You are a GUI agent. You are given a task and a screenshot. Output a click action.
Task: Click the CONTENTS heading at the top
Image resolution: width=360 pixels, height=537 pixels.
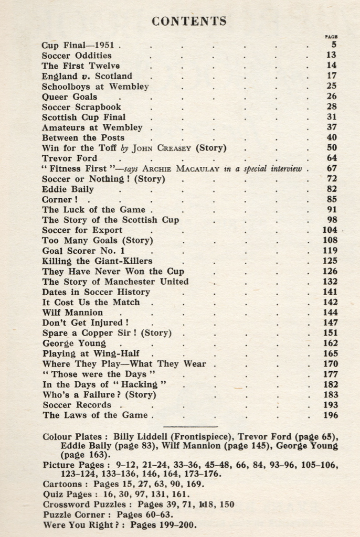click(x=189, y=21)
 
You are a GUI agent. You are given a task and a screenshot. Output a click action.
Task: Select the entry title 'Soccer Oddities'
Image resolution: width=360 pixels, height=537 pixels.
click(x=77, y=55)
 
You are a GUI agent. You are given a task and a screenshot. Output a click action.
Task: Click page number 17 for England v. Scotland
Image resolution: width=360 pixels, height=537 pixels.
click(x=332, y=76)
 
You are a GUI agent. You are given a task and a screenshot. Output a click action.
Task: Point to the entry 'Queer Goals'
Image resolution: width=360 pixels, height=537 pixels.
click(x=69, y=96)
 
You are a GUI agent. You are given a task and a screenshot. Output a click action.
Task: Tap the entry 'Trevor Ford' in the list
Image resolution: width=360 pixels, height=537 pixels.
click(x=69, y=158)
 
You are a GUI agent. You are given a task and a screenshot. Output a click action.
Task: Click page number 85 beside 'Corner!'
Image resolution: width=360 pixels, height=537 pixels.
click(x=332, y=199)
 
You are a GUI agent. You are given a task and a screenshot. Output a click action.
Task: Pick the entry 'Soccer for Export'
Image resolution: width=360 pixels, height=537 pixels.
click(x=82, y=230)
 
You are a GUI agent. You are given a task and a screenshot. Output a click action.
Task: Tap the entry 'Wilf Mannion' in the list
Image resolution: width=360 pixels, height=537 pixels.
click(x=72, y=313)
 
